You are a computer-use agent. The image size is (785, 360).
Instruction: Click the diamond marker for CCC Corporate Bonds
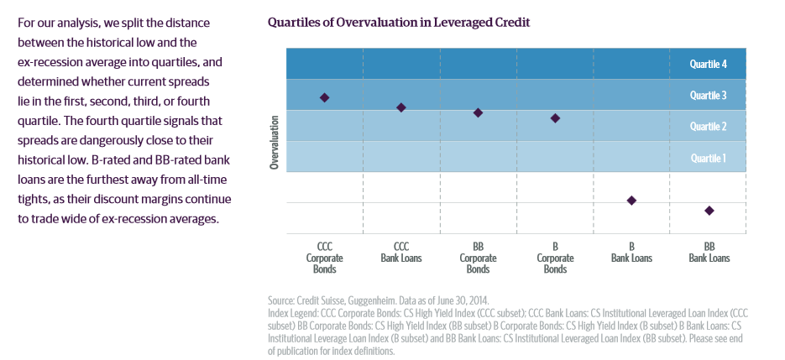pos(324,97)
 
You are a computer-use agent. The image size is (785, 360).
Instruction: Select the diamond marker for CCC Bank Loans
pos(401,107)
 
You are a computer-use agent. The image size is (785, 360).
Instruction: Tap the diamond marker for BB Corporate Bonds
pos(478,112)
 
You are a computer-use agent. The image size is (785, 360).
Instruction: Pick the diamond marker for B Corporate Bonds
pos(555,118)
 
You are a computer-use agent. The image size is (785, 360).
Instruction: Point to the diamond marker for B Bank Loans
pos(631,200)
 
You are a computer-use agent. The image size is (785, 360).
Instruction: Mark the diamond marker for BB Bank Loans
pos(709,211)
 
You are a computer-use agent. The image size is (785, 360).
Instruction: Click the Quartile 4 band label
pos(708,63)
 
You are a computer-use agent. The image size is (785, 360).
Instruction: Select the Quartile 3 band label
pos(708,95)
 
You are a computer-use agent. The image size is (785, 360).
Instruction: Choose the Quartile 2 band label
pos(708,126)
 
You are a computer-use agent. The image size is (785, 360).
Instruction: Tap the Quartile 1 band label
pos(708,158)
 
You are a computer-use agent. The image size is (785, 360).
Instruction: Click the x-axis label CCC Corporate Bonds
pos(324,258)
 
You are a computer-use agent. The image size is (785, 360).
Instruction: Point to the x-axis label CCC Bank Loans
pos(401,253)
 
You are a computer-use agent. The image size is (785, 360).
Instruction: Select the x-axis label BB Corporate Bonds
pos(478,258)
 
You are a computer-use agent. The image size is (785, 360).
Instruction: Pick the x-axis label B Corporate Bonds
pos(555,258)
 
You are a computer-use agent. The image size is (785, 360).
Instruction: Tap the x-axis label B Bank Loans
pos(631,253)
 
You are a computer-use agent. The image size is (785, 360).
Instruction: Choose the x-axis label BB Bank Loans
pos(709,253)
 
